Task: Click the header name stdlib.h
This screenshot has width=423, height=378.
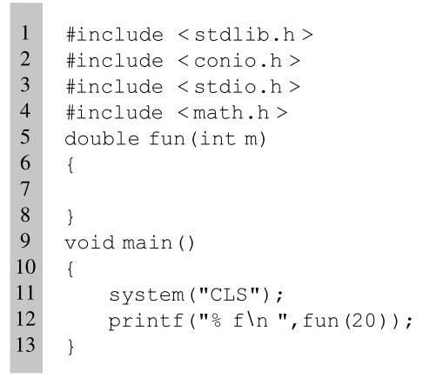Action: [x=245, y=35]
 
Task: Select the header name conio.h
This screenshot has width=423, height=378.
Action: [x=238, y=61]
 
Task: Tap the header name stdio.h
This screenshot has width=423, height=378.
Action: [x=238, y=87]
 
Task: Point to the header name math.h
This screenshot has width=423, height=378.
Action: [x=231, y=113]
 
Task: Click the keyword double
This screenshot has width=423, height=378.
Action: [x=102, y=139]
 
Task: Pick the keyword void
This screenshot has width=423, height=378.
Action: [x=90, y=242]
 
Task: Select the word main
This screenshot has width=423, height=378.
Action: [x=147, y=242]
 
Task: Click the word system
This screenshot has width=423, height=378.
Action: [x=147, y=295]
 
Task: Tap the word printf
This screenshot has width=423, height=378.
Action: [x=146, y=322]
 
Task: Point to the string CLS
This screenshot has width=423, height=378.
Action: [x=229, y=295]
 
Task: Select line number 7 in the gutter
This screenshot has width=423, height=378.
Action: [x=25, y=189]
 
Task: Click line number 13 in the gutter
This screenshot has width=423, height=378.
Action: [x=25, y=344]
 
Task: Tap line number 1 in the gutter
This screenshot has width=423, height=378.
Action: [x=25, y=32]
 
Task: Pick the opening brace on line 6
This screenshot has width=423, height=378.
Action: [x=70, y=165]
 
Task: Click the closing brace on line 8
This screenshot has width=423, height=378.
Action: [x=70, y=216]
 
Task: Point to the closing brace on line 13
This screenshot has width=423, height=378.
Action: [x=70, y=347]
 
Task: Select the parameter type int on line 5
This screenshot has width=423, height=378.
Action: [x=218, y=139]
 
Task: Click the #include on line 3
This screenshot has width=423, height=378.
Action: [x=115, y=87]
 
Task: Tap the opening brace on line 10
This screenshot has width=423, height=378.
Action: [x=70, y=269]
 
